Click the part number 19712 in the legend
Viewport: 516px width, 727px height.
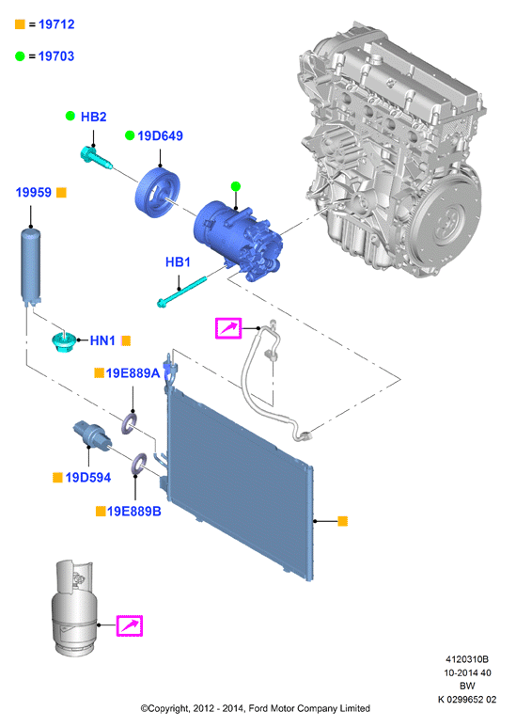pyautogui.click(x=56, y=24)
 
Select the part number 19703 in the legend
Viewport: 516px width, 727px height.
pyautogui.click(x=56, y=56)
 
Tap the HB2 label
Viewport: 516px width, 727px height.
pyautogui.click(x=94, y=117)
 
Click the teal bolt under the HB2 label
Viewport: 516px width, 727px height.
pyautogui.click(x=97, y=158)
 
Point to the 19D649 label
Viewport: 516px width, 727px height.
pyautogui.click(x=161, y=135)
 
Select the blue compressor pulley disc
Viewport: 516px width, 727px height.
pyautogui.click(x=158, y=193)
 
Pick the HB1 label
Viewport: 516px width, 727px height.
pyautogui.click(x=178, y=262)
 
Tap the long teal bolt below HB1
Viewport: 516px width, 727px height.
pyautogui.click(x=181, y=292)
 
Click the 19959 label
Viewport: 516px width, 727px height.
pyautogui.click(x=33, y=192)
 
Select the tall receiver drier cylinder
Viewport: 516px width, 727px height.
pyautogui.click(x=31, y=266)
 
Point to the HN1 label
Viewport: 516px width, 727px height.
pyautogui.click(x=102, y=340)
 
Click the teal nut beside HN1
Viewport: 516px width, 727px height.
pyautogui.click(x=63, y=341)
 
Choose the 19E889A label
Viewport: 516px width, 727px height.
pyautogui.click(x=133, y=372)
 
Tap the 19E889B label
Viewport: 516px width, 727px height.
pyautogui.click(x=134, y=511)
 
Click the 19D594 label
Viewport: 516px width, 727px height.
pyautogui.click(x=88, y=477)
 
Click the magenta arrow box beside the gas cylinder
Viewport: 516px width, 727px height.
pyautogui.click(x=129, y=626)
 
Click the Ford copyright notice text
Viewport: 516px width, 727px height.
pyautogui.click(x=256, y=708)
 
